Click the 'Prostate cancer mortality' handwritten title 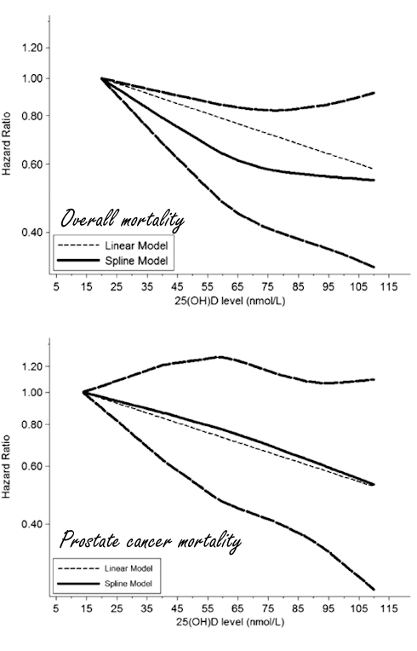[x=149, y=540]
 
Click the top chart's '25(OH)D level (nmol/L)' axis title [x=221, y=302]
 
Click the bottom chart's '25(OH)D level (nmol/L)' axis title [x=221, y=625]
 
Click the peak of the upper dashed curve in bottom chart [x=220, y=357]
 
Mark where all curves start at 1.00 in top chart [x=102, y=78]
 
